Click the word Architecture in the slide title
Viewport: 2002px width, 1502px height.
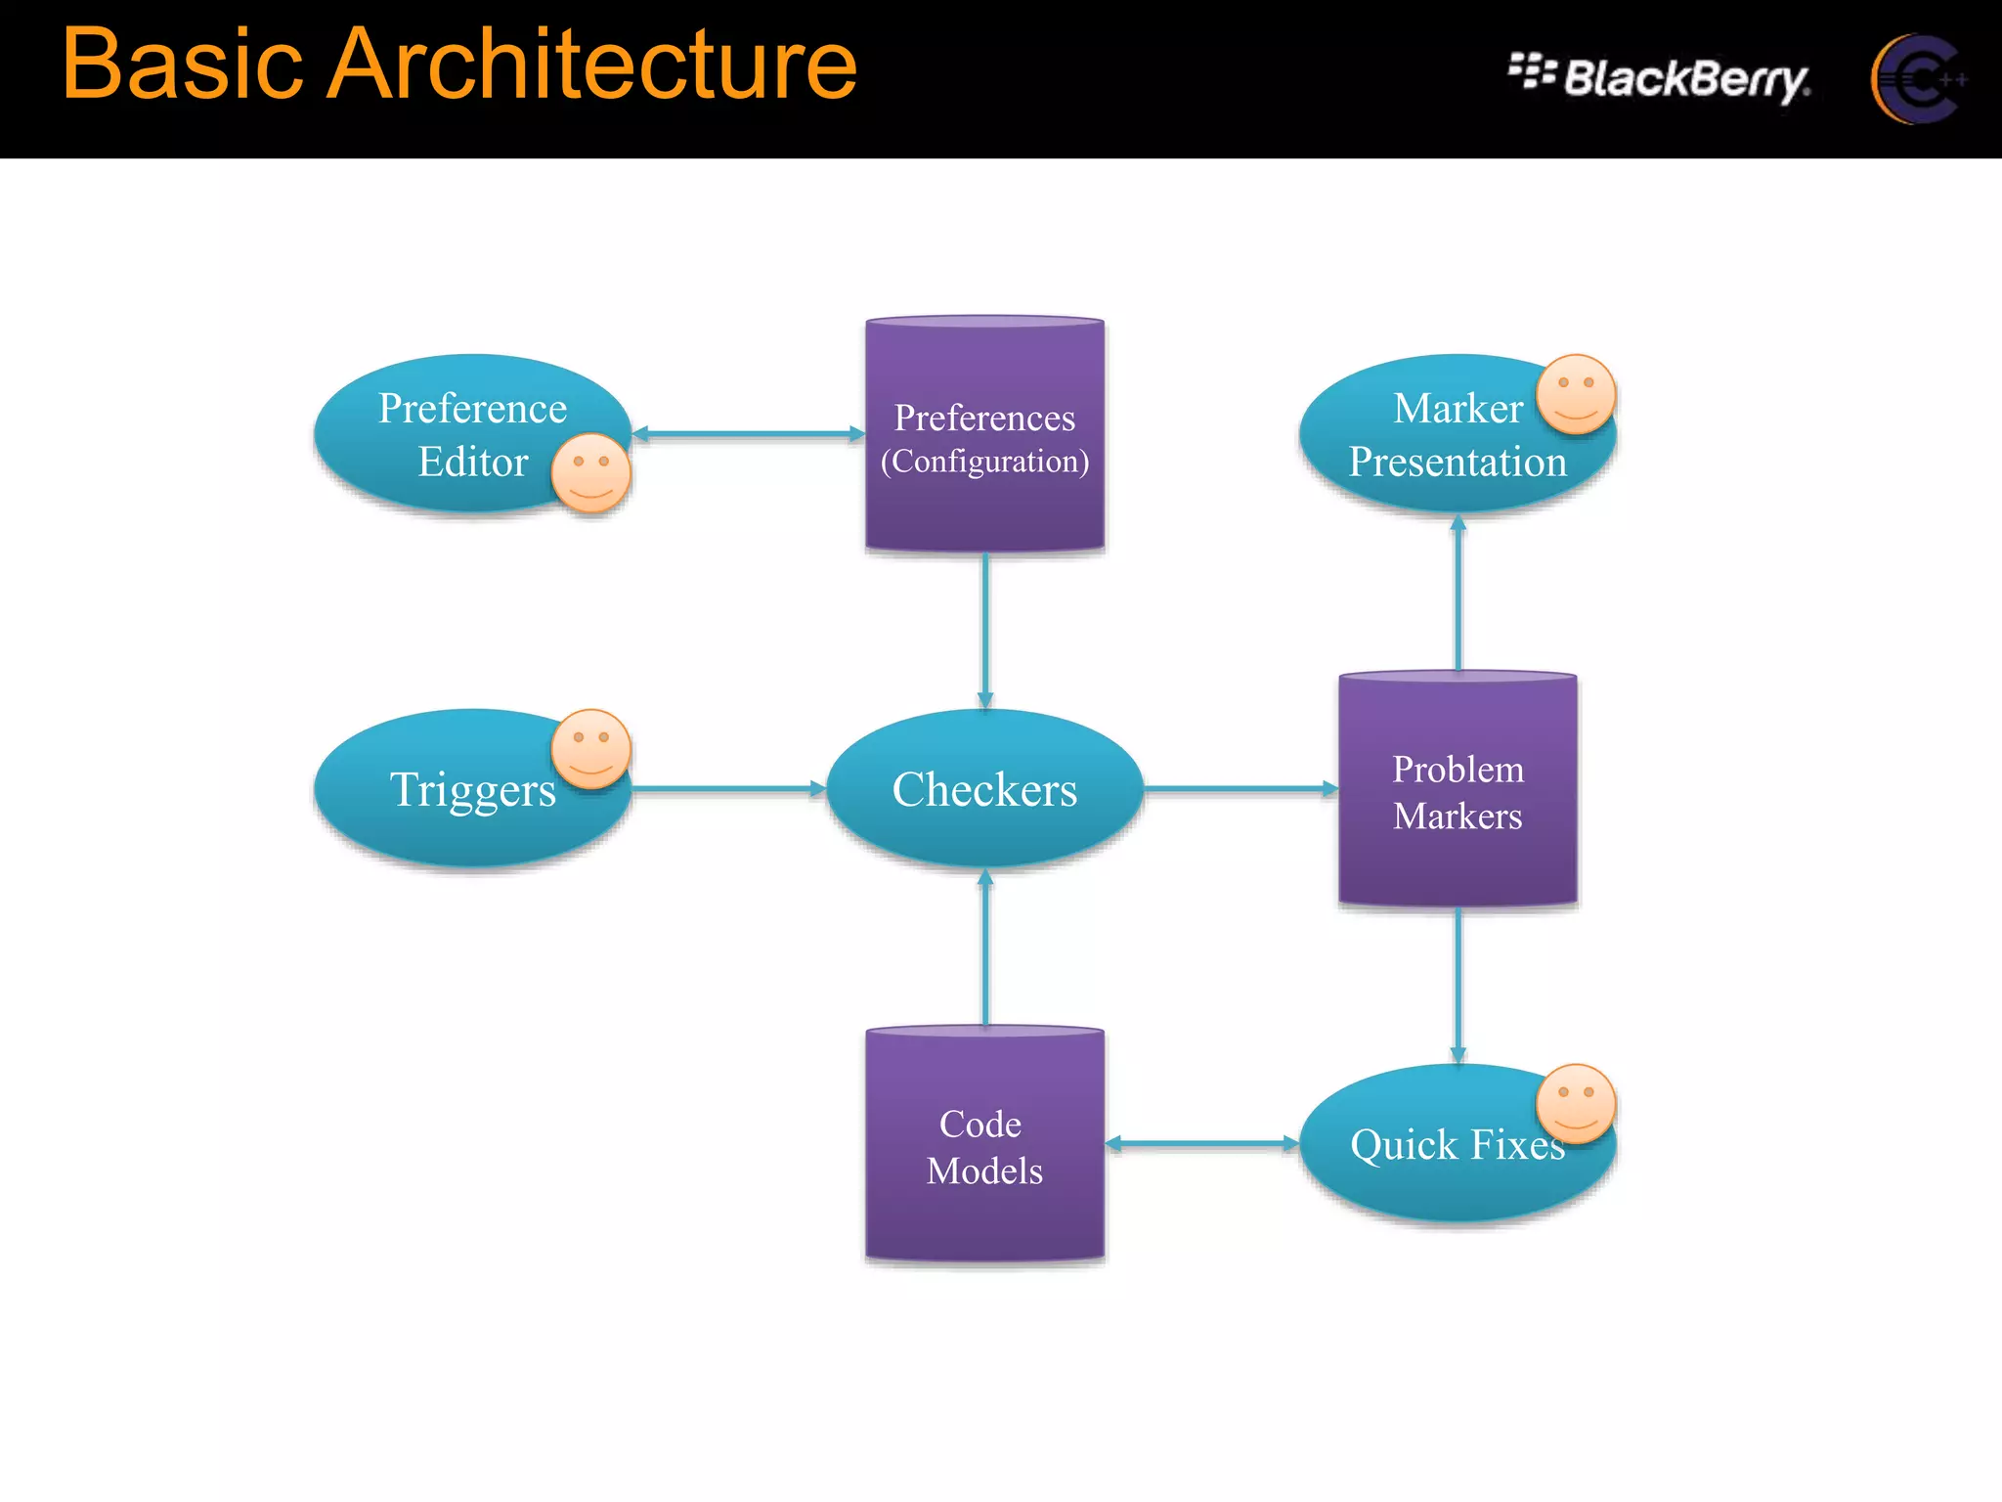(591, 65)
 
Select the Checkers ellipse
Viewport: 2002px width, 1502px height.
(984, 789)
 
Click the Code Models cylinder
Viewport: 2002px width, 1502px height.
(984, 1146)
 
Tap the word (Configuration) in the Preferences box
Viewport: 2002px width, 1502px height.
(984, 462)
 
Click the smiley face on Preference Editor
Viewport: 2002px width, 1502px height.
(590, 472)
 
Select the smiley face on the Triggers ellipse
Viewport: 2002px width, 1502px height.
(590, 749)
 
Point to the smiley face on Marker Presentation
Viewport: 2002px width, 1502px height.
(1575, 393)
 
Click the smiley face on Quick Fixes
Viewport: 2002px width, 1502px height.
(1575, 1103)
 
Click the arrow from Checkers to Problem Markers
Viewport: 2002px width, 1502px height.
(1240, 788)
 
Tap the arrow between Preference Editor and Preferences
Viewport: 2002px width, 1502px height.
(748, 433)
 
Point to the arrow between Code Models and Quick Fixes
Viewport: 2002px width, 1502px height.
(1201, 1143)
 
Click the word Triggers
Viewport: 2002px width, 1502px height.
(472, 790)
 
